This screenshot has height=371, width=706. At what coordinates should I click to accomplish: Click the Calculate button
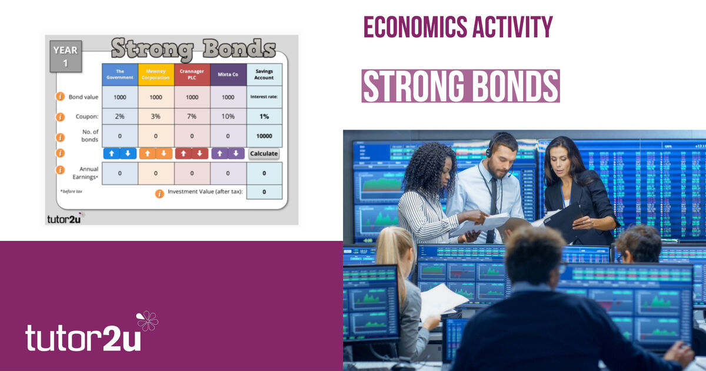[x=264, y=154]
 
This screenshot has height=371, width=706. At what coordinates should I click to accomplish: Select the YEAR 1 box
[x=65, y=57]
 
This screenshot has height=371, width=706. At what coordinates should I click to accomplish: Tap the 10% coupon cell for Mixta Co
[x=228, y=116]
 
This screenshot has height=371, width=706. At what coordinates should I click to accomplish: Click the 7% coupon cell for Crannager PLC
[x=192, y=116]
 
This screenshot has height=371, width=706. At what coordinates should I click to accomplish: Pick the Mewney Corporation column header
[x=156, y=75]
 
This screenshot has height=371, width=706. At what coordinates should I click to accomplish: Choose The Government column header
[x=119, y=75]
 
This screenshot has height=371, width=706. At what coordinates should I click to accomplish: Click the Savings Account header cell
[x=264, y=75]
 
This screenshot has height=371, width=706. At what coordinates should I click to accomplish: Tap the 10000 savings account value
[x=264, y=136]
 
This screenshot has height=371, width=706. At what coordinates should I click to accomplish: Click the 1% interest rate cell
[x=264, y=116]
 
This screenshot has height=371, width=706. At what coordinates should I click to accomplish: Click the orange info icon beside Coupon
[x=60, y=117]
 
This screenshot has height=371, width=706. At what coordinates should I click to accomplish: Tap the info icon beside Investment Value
[x=159, y=193]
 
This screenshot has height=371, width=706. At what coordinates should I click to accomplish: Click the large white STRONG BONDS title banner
[x=460, y=86]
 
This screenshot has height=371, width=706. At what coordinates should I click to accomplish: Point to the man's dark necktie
[x=492, y=206]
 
